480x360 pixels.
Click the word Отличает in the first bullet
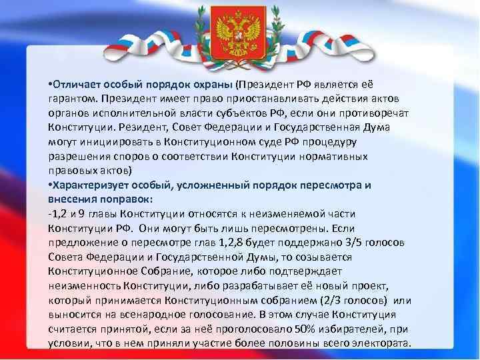(x=76, y=83)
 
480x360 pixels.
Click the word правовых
(x=70, y=170)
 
